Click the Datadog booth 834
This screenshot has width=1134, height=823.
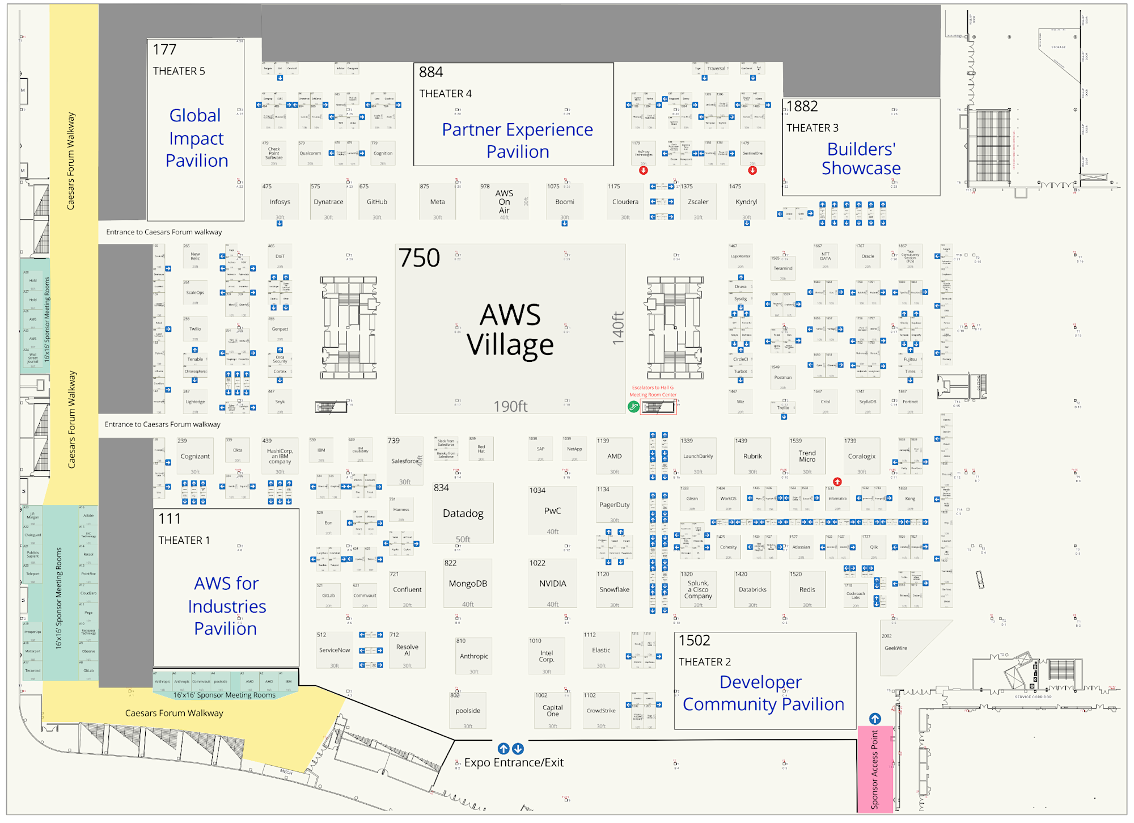point(463,513)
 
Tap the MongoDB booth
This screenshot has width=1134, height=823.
point(468,584)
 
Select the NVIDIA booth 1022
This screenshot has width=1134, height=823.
point(552,584)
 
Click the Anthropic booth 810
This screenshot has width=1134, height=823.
point(473,656)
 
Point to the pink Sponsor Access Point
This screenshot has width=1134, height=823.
point(875,769)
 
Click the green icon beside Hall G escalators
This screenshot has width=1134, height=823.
point(633,407)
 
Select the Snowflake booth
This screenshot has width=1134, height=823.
point(614,590)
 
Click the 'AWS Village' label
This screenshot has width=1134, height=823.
point(510,330)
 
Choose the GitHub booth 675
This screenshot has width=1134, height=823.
point(376,202)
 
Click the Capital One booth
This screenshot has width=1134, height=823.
point(552,711)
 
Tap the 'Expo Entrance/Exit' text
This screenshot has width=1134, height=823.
point(514,763)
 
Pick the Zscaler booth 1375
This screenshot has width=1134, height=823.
point(698,202)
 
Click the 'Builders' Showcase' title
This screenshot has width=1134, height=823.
point(861,159)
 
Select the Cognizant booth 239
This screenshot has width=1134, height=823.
point(195,457)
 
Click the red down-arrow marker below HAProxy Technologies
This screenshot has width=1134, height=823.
point(644,170)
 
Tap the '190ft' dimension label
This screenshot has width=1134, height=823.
point(510,407)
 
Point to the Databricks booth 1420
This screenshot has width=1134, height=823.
point(752,590)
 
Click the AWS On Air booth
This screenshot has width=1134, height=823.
point(503,202)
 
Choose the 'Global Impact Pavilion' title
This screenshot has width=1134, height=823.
point(196,138)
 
